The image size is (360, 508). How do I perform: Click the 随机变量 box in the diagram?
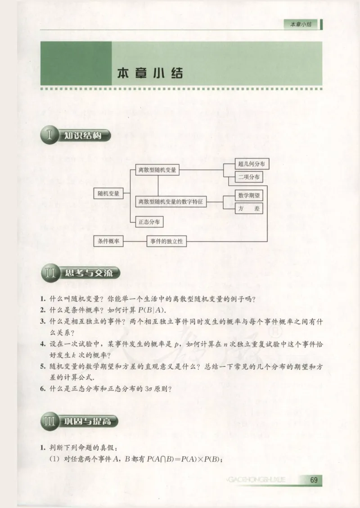click(x=108, y=193)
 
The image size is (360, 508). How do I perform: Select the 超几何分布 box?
click(x=252, y=164)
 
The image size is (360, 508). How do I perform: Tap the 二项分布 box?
click(x=249, y=177)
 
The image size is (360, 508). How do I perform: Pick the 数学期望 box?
click(x=249, y=196)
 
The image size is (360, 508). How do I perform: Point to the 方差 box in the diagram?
click(x=249, y=208)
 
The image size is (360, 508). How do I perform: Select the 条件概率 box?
click(x=108, y=241)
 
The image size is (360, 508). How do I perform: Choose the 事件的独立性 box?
click(x=166, y=241)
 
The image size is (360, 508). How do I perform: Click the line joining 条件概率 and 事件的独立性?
click(x=135, y=241)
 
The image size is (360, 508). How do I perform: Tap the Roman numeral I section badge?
click(x=50, y=134)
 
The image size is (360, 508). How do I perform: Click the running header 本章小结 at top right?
click(x=301, y=25)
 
